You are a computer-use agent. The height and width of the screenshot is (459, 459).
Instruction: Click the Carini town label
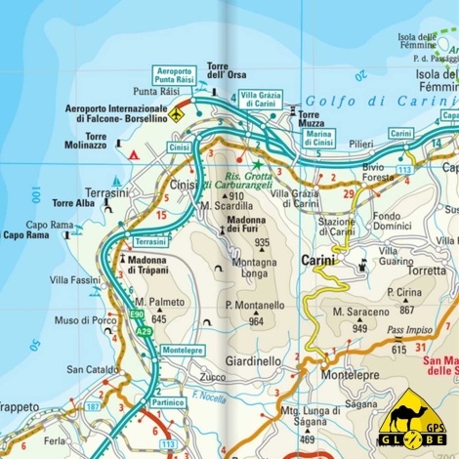point(317,261)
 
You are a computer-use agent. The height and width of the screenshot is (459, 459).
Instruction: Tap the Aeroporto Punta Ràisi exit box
point(175,76)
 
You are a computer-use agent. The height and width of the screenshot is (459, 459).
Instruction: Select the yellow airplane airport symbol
point(176,114)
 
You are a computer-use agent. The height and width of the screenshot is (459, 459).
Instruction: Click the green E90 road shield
point(138,314)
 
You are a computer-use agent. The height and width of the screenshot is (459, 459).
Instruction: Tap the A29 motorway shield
point(144,332)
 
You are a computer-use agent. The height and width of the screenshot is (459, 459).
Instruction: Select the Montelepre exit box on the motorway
point(182,350)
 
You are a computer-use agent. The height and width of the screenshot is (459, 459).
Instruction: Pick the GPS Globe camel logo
point(411,418)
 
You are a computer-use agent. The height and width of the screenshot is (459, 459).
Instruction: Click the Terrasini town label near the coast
point(106,193)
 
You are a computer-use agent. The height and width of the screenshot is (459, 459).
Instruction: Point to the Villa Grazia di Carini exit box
point(261,99)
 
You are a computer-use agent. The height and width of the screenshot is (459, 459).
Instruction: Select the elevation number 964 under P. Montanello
point(256,320)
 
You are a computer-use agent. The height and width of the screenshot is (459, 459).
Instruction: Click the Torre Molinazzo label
point(108,142)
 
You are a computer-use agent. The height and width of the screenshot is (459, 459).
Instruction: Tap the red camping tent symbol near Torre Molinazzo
point(134,153)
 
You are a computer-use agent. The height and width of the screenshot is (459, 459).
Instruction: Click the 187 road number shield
point(93,405)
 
